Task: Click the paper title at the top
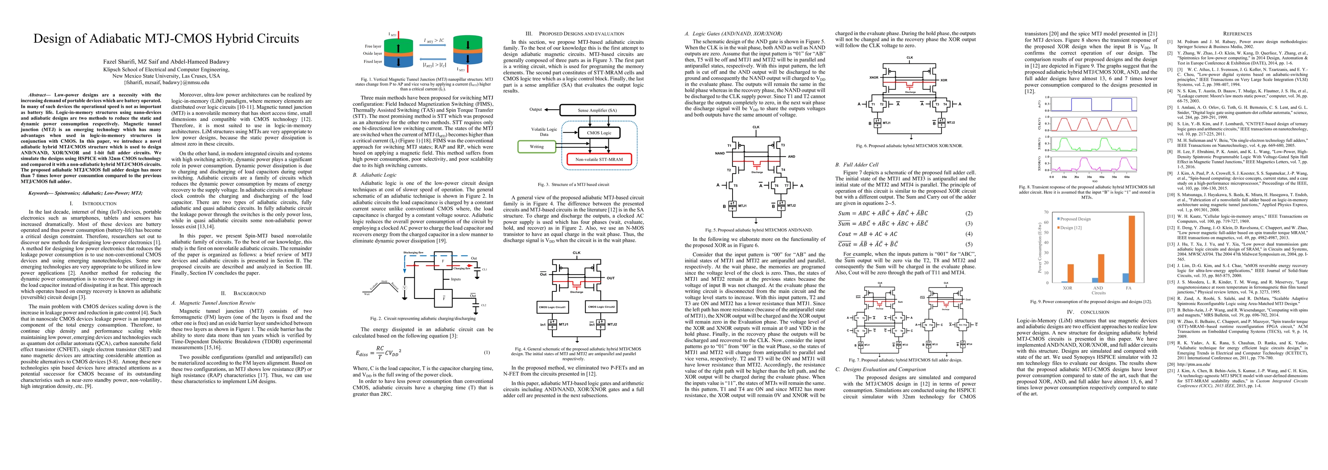tap(166, 39)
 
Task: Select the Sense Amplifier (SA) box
tap(597, 110)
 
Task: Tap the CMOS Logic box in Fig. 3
tap(599, 133)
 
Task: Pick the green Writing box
tap(537, 146)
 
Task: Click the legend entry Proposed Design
tap(1075, 219)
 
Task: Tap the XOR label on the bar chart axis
tap(1068, 288)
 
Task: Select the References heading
tap(1237, 34)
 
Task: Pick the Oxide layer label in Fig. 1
tap(373, 54)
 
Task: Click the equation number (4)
tap(969, 234)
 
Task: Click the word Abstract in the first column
tap(37, 95)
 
